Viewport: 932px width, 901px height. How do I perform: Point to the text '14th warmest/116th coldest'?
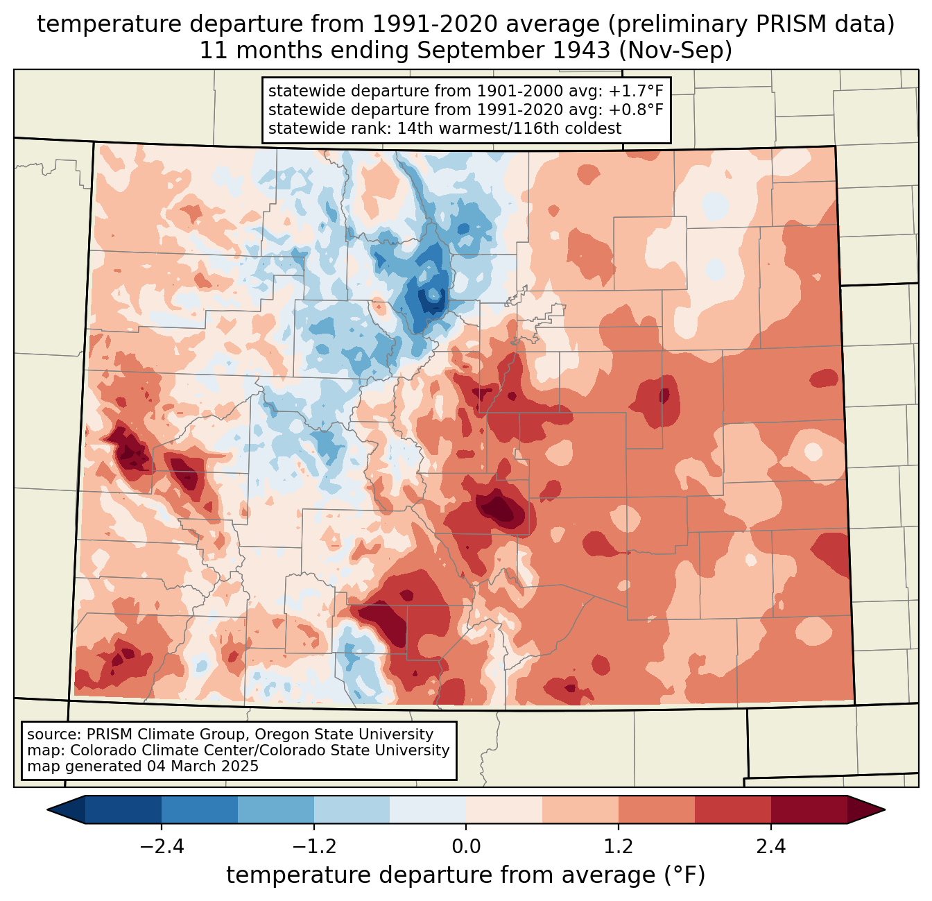click(x=509, y=128)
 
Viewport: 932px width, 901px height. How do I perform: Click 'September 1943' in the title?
click(x=514, y=51)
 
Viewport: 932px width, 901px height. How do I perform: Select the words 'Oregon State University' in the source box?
click(x=344, y=735)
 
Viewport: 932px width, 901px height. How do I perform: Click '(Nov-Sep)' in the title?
click(x=675, y=51)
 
